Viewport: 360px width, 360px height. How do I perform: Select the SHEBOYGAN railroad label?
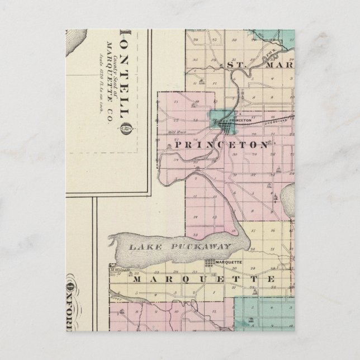click(276, 119)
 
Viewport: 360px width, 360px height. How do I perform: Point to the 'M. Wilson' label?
click(120, 270)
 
